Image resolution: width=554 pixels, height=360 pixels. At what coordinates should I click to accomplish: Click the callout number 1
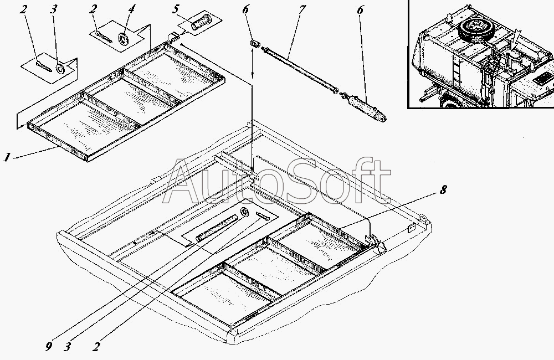click(x=7, y=157)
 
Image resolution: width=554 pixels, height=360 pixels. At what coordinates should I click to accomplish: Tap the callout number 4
click(x=131, y=9)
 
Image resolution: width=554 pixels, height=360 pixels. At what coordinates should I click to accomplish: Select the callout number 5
click(x=176, y=9)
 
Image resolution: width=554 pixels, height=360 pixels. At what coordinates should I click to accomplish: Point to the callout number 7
click(x=301, y=9)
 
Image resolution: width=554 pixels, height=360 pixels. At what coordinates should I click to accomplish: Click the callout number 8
click(x=443, y=190)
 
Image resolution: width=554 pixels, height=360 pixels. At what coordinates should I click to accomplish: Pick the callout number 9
click(x=49, y=347)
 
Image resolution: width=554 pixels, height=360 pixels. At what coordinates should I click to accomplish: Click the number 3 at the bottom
click(x=67, y=347)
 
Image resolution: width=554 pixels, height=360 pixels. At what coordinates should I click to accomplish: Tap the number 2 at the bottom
click(x=96, y=347)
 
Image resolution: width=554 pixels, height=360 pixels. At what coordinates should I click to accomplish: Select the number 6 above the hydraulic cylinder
click(x=360, y=10)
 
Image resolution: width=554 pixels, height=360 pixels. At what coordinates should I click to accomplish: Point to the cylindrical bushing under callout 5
click(x=201, y=23)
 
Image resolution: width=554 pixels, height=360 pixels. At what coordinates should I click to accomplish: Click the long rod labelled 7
click(x=300, y=71)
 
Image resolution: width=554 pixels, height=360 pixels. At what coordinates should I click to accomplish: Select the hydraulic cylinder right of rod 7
click(x=365, y=109)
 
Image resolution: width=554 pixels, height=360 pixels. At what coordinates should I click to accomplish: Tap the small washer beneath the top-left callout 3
click(x=60, y=68)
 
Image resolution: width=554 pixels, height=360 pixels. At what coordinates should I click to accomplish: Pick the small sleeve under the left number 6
click(x=255, y=43)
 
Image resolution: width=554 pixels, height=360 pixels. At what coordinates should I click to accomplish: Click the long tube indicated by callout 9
click(x=216, y=228)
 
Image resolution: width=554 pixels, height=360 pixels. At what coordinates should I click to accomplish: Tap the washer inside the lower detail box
click(x=244, y=212)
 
